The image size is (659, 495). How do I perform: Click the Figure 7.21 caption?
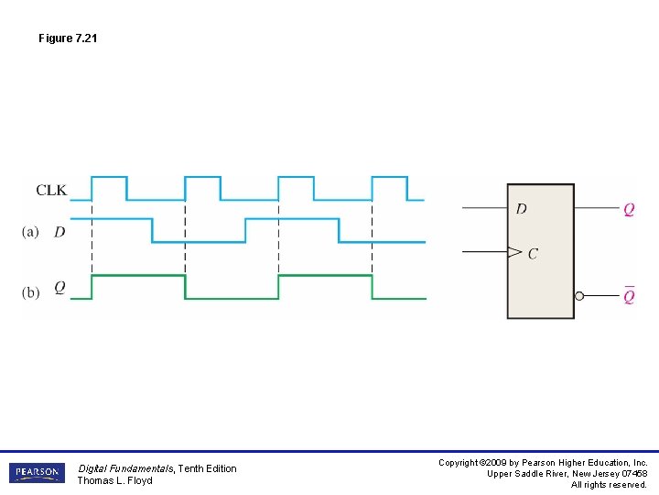(68, 38)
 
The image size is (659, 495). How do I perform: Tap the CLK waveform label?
(51, 191)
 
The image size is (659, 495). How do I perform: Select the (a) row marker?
(30, 233)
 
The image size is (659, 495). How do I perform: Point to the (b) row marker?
(30, 292)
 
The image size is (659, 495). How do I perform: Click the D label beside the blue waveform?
(59, 233)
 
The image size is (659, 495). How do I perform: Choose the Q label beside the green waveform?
(59, 288)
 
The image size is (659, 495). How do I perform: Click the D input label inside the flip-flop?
(522, 209)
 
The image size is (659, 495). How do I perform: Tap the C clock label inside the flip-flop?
(533, 254)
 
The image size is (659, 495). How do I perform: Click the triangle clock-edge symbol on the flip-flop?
(514, 252)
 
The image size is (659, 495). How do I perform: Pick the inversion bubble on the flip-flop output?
(579, 296)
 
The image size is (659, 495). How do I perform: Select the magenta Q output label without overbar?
(629, 210)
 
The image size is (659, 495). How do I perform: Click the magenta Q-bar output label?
(629, 296)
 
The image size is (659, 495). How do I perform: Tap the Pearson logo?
(37, 473)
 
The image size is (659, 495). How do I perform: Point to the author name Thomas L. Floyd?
(114, 480)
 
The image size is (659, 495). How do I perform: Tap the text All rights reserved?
(609, 485)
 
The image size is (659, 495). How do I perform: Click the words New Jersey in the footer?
(595, 474)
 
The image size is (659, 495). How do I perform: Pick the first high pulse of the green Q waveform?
(138, 275)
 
